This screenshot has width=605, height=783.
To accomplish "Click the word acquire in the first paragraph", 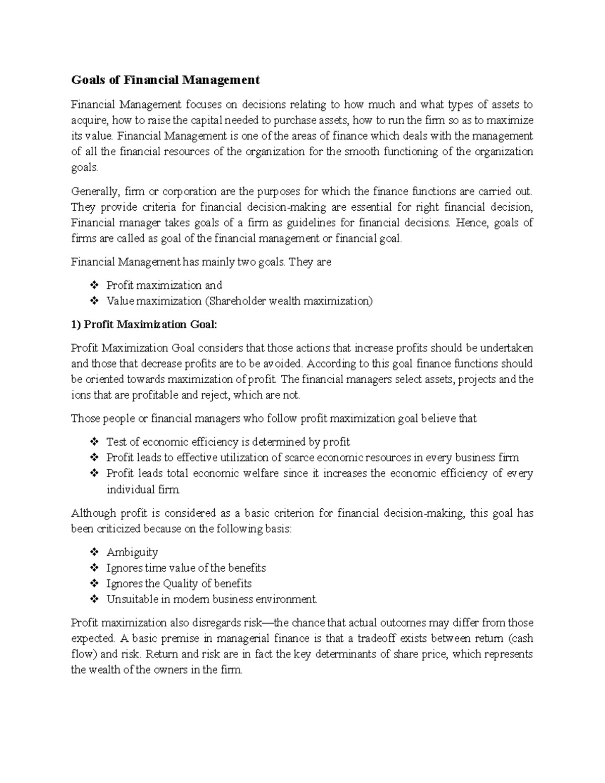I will click(89, 121).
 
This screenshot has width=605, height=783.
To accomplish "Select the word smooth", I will click(361, 152).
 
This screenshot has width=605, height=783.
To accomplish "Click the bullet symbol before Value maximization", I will click(94, 301).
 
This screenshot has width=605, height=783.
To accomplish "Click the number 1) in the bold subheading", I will click(76, 324).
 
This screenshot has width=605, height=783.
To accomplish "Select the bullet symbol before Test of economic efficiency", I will click(94, 442).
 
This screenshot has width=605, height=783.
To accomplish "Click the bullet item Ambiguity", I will click(132, 552).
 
